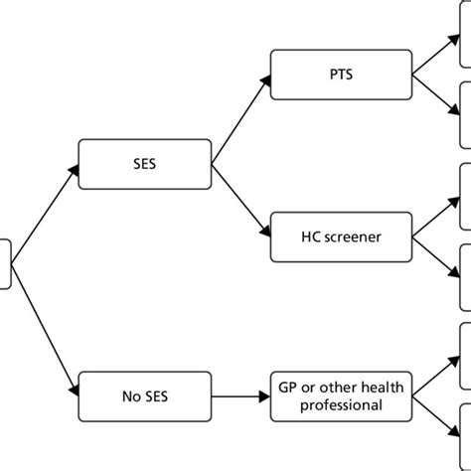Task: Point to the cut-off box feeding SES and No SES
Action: pos(5,263)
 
